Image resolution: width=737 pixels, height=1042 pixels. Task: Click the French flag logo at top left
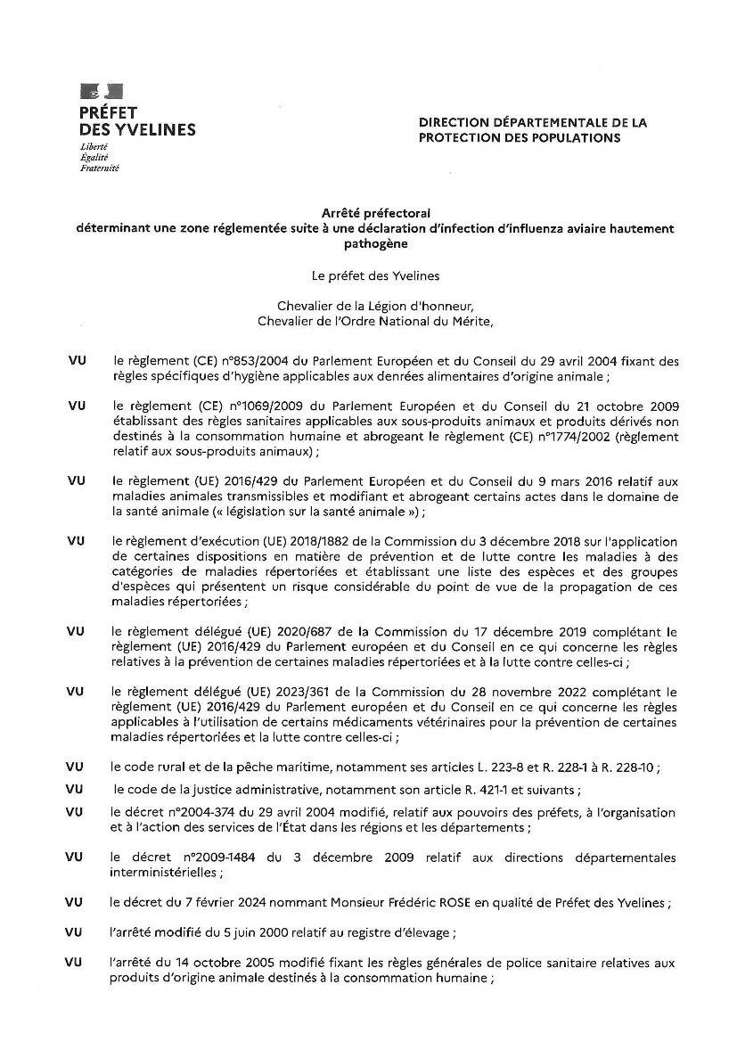102,90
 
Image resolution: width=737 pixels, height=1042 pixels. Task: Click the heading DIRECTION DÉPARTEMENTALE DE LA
533,121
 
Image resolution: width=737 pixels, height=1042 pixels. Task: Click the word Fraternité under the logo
100,167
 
